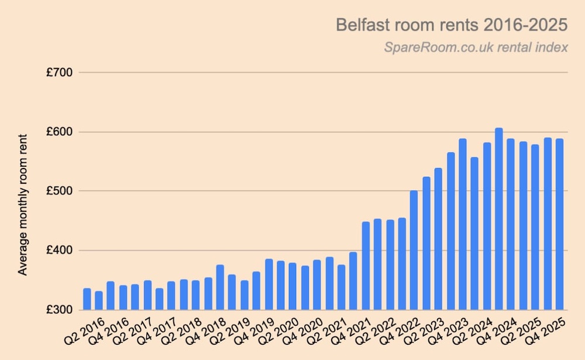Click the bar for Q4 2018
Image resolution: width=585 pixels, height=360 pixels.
(220, 287)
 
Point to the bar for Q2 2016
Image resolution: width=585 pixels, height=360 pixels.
(87, 299)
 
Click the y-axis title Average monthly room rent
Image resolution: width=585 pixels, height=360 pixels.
(23, 204)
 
